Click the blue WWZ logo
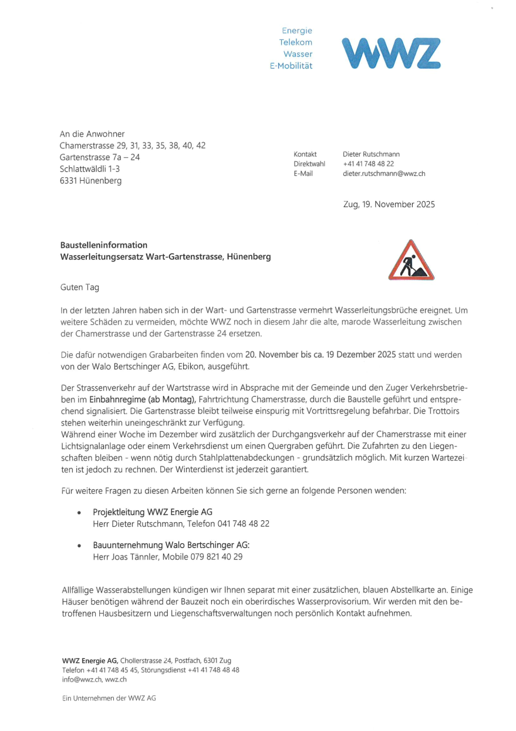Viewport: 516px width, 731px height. (390, 53)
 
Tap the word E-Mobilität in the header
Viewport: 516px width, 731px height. (291, 66)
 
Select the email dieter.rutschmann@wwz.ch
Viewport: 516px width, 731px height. (384, 174)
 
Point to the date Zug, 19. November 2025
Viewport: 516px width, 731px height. (389, 205)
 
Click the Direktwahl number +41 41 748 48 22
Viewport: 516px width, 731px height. (368, 164)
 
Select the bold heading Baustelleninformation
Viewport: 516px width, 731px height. (104, 245)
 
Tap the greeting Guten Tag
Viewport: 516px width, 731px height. (80, 287)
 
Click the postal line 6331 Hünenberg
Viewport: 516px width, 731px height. (90, 181)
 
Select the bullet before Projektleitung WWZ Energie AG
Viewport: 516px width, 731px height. (79, 513)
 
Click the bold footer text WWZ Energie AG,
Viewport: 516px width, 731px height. (90, 661)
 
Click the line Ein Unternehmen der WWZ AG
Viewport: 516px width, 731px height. (109, 698)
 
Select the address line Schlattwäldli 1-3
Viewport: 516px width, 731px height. (92, 169)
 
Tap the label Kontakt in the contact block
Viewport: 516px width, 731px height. (305, 154)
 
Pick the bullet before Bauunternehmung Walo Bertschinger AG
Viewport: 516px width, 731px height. (79, 545)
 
